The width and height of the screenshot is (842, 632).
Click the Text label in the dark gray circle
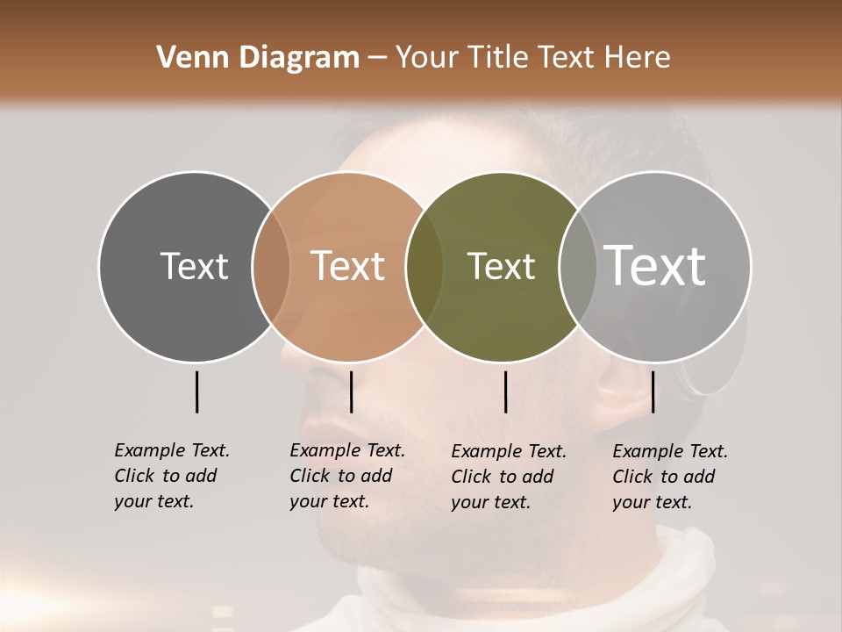(194, 266)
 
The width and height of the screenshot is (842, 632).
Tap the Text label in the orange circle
(347, 266)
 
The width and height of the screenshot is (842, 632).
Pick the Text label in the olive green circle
(501, 266)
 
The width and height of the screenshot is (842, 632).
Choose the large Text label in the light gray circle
(655, 266)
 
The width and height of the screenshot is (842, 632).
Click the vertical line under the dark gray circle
(196, 391)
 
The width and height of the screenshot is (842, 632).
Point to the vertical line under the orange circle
(351, 391)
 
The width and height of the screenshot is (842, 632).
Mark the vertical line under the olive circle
(505, 391)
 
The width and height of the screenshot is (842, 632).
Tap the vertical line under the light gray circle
(653, 391)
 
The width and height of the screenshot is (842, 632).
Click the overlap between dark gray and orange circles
(271, 267)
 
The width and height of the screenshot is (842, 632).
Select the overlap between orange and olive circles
(425, 267)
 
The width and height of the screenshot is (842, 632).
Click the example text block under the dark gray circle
(171, 476)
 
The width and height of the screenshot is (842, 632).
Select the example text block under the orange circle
(346, 476)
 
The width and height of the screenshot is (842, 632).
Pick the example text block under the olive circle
(508, 477)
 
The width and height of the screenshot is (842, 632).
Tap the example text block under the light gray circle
(669, 477)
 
